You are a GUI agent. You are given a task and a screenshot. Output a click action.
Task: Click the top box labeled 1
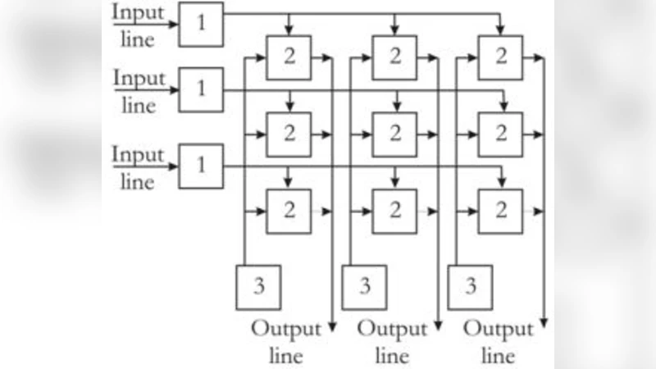200,25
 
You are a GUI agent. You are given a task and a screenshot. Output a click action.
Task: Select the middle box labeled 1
200,89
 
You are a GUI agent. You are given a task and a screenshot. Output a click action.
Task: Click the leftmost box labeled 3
258,287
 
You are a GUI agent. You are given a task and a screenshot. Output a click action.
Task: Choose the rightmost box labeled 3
471,287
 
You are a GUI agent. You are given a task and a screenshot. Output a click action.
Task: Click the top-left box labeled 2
289,58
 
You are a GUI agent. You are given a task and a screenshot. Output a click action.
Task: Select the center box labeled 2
394,134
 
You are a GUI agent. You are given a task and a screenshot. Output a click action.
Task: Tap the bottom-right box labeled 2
500,211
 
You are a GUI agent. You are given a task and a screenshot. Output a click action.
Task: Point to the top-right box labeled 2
500,58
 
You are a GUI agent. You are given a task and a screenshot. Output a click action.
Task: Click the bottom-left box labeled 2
289,211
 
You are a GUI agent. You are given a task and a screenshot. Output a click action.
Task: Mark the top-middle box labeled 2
394,58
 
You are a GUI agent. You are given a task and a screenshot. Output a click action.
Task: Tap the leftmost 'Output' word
286,330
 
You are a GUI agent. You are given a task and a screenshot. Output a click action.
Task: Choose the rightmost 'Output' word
499,330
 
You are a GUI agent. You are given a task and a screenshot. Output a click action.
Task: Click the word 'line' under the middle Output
393,357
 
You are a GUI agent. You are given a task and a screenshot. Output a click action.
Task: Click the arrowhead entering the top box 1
174,25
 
